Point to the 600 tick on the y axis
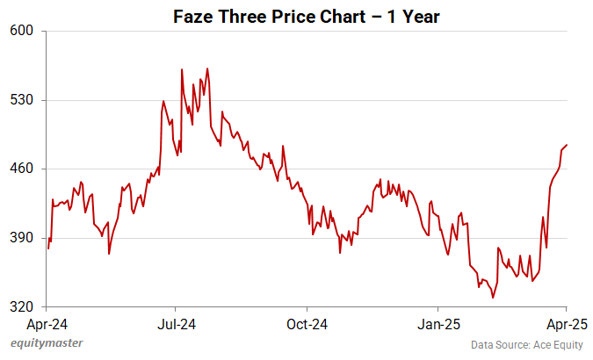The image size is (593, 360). click(22, 31)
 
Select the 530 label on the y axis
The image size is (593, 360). click(22, 100)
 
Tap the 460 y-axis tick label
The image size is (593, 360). click(22, 169)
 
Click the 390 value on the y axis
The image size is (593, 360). click(22, 238)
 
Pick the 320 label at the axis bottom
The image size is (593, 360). click(22, 307)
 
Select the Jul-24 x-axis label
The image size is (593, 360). click(176, 323)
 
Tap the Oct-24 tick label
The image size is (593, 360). click(307, 323)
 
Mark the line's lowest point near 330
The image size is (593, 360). click(493, 298)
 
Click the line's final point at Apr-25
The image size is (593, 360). click(568, 145)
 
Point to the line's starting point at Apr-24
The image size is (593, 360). click(48, 248)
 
